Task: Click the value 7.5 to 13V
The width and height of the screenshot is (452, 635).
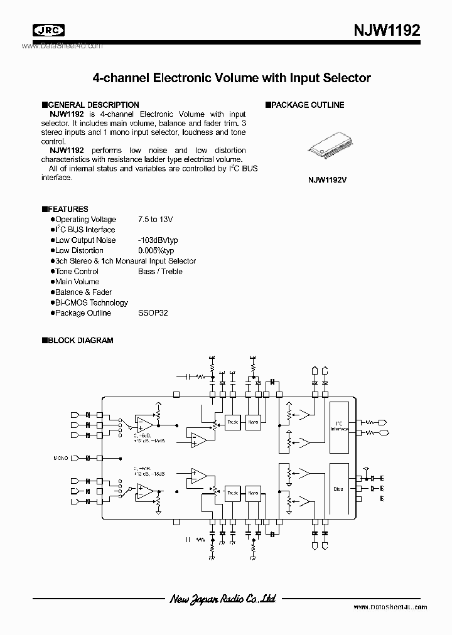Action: pyautogui.click(x=155, y=220)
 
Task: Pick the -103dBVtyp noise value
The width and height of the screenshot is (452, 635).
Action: pyautogui.click(x=158, y=240)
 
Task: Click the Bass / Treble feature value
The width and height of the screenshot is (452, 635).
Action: pyautogui.click(x=160, y=272)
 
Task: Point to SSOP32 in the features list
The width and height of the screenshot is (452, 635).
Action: pyautogui.click(x=153, y=313)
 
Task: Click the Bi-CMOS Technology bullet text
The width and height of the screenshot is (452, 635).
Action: pyautogui.click(x=91, y=302)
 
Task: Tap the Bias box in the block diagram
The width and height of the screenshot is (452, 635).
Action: pyautogui.click(x=339, y=489)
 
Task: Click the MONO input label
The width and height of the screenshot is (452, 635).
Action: pyautogui.click(x=62, y=458)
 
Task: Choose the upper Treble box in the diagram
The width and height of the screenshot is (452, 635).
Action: pyautogui.click(x=232, y=422)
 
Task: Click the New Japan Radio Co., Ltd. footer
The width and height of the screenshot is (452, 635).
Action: pyautogui.click(x=223, y=599)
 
